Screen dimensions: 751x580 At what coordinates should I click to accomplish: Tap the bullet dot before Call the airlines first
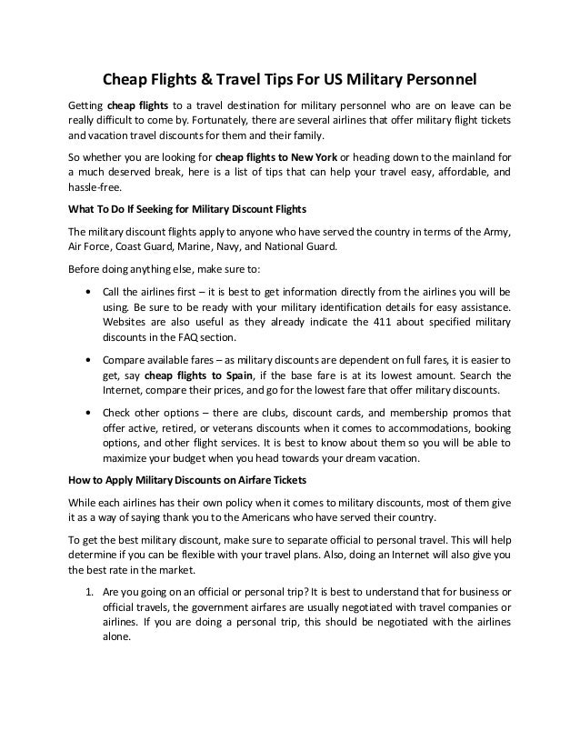click(x=85, y=293)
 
